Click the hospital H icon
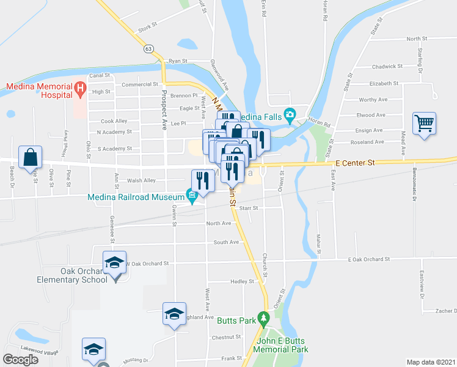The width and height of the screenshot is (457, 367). [79, 91]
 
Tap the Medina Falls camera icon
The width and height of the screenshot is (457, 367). [290, 114]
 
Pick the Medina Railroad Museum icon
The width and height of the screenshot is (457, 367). [192, 196]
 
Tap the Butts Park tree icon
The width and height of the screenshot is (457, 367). [263, 318]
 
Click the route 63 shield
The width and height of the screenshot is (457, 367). [148, 48]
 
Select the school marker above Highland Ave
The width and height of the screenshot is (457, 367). [174, 314]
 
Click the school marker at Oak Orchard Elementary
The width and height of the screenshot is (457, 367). [114, 264]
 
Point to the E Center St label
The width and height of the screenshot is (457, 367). [354, 163]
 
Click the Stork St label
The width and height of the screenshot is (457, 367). [148, 28]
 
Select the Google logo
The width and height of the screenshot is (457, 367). [21, 360]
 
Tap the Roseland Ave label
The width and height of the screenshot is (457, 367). [371, 142]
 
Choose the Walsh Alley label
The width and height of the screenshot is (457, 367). [141, 180]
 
